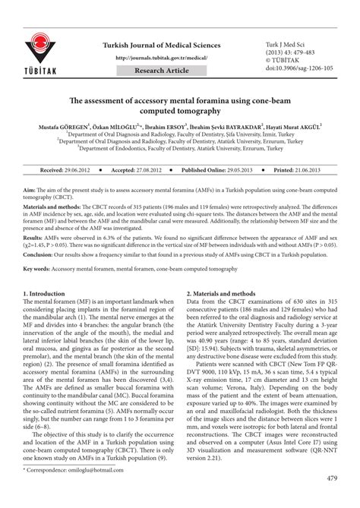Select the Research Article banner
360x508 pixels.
[x=163, y=71]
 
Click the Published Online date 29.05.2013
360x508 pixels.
[x=245, y=172]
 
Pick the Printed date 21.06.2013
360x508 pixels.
[x=316, y=172]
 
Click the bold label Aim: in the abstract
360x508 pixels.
[x=30, y=186]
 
